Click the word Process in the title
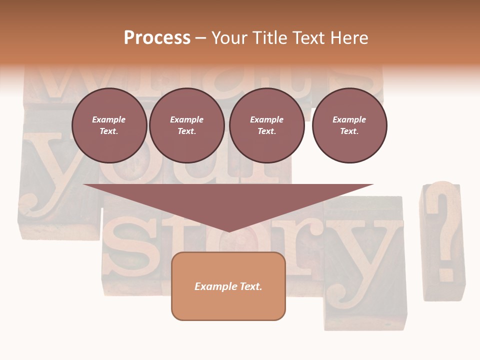pos(157,38)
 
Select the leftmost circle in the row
pos(109,125)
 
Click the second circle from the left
pos(186,125)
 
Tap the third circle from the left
pos(266,125)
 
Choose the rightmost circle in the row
pos(349,125)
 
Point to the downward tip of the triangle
pos(228,231)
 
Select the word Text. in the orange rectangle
pos(251,286)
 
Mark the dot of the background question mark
pos(446,272)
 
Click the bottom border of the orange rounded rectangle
pos(228,319)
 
